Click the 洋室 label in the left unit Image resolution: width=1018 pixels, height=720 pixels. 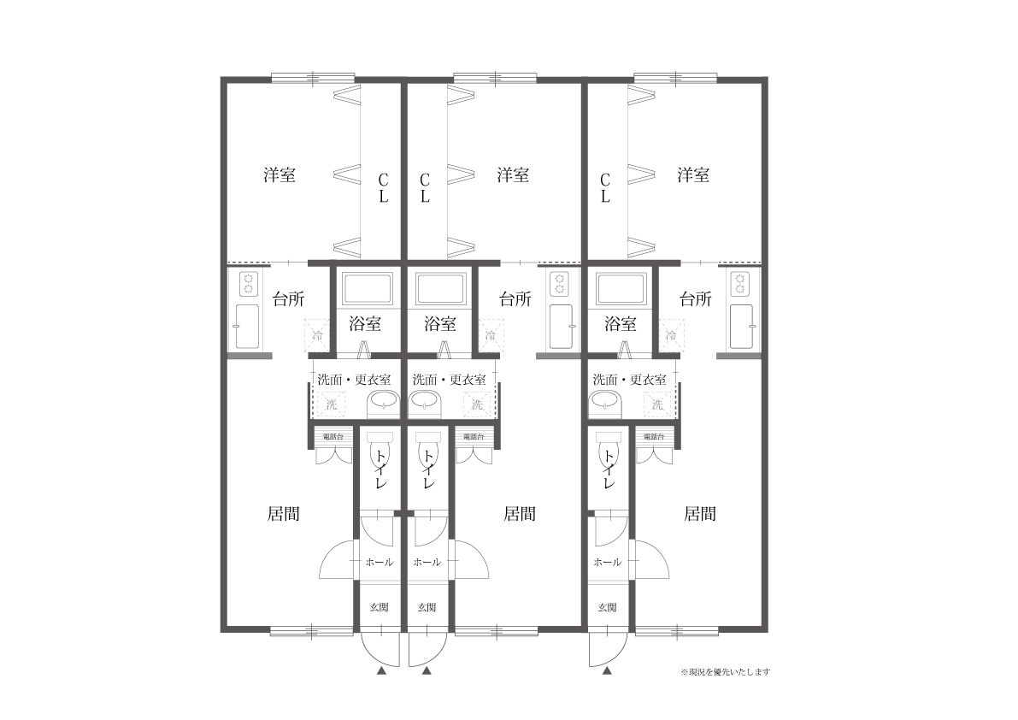pos(280,175)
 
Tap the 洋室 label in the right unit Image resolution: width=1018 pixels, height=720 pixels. pos(693,175)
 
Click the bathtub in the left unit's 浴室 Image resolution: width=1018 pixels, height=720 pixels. pos(368,289)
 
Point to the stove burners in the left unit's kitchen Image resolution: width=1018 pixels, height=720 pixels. pos(249,283)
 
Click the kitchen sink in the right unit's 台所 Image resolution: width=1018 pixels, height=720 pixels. pos(740,326)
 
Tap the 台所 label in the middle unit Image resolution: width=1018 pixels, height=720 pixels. pos(515,299)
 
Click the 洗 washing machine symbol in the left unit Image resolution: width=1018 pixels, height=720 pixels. pos(332,403)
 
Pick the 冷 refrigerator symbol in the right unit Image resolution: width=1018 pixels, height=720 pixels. pos(671,335)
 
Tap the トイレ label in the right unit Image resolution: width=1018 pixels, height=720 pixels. pos(608,469)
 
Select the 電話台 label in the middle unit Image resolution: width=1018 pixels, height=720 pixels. pos(473,436)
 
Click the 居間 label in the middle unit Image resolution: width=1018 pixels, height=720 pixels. pos(519,514)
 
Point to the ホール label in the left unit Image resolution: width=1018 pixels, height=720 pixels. pos(379,562)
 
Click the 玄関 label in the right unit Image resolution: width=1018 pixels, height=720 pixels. pos(607,607)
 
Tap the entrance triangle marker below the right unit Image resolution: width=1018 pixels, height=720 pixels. pos(607,672)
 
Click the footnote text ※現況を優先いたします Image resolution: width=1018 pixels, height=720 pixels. pos(726,672)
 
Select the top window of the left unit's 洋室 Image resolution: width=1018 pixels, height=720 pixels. pos(313,78)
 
